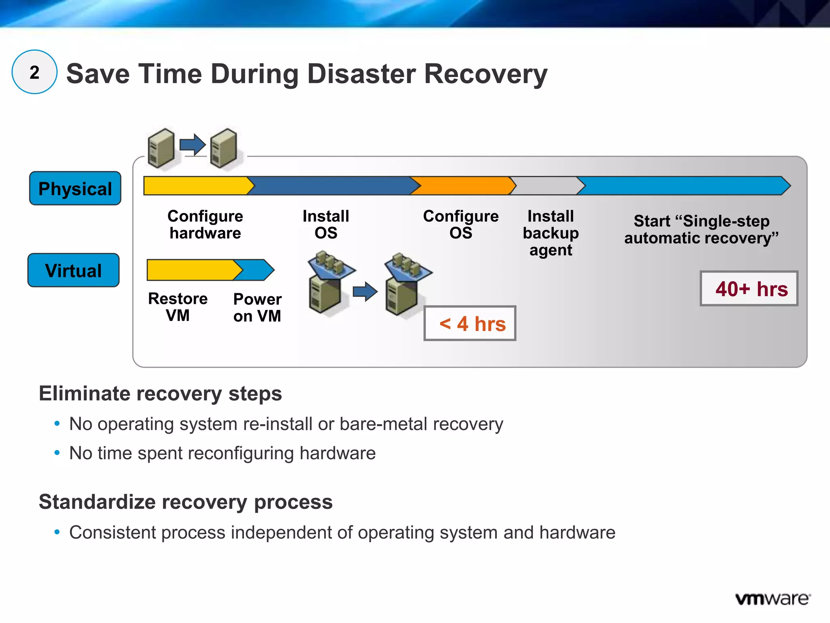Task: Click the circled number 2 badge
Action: (x=34, y=72)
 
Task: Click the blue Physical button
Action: (x=75, y=189)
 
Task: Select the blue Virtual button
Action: (x=74, y=271)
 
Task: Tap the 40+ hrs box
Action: (x=749, y=289)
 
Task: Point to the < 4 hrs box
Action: (x=470, y=324)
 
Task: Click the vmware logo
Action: (x=772, y=599)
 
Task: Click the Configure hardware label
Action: (x=205, y=225)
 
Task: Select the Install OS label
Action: (x=326, y=225)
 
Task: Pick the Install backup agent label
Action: (x=550, y=233)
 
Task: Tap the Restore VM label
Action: (x=178, y=307)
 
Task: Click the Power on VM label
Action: (x=257, y=307)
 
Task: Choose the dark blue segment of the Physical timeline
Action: (x=332, y=186)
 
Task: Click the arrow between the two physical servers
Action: (x=193, y=144)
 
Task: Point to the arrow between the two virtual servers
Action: (x=365, y=291)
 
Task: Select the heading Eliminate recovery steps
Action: (x=160, y=394)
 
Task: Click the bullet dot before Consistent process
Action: (x=57, y=532)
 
